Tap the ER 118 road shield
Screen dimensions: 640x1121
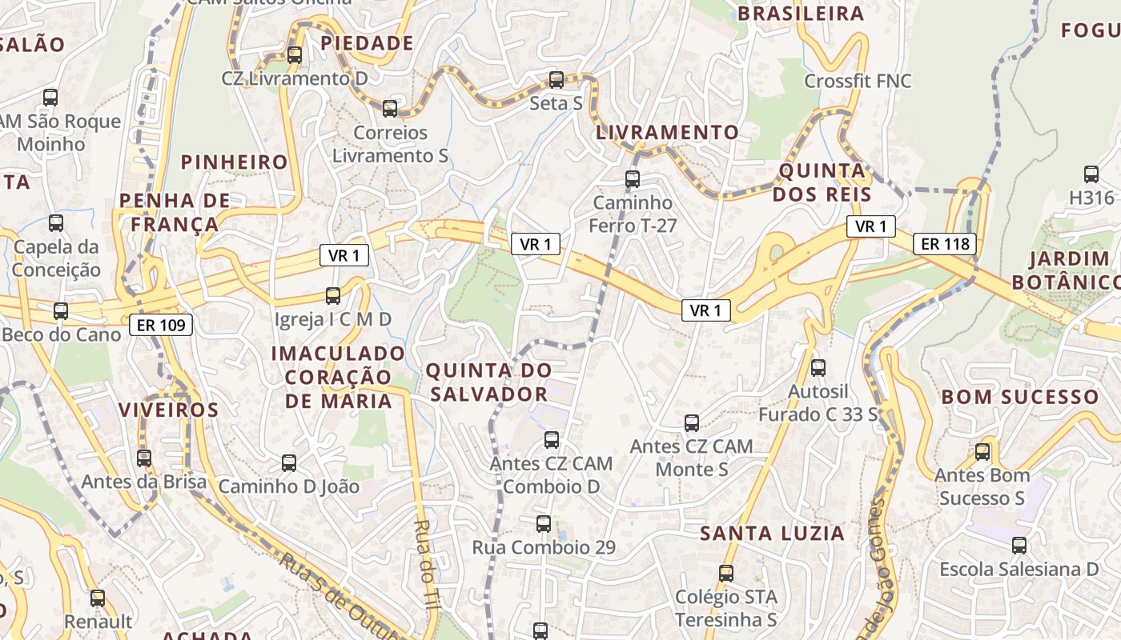[x=946, y=244]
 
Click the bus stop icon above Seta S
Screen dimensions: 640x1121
[x=556, y=80]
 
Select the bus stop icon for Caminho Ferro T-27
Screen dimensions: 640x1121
[x=633, y=178]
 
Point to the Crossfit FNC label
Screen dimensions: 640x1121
[x=858, y=82]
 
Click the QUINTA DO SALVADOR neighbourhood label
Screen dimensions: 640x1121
[x=488, y=382]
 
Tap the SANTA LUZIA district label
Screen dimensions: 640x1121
[x=772, y=534]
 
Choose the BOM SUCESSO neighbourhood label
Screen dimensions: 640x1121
[x=1019, y=398]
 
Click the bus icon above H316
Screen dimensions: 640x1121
[x=1091, y=174]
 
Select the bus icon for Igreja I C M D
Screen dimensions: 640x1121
[x=333, y=296]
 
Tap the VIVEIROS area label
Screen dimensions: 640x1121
[x=168, y=410]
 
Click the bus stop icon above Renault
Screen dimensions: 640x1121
[x=98, y=598]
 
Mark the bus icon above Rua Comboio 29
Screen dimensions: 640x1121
[x=544, y=524]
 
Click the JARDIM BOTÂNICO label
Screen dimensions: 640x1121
[x=1065, y=270]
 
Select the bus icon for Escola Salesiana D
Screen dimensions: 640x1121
[x=1019, y=546]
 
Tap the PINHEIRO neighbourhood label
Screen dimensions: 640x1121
[x=234, y=162]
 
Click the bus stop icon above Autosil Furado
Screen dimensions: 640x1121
[x=818, y=368]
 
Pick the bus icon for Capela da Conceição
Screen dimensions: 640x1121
[x=56, y=223]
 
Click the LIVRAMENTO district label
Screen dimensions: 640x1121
[x=667, y=133]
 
